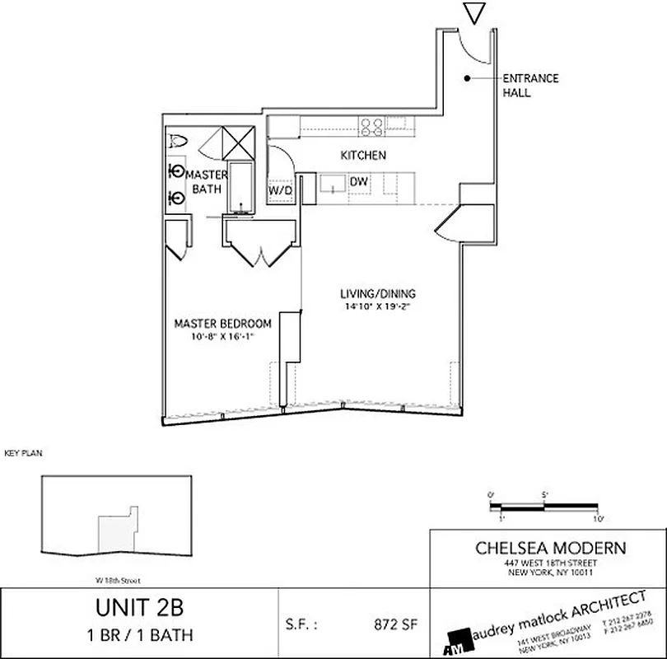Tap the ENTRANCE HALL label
point(530,86)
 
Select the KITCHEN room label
point(363,155)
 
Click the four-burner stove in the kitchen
point(371,126)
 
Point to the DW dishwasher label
point(358,181)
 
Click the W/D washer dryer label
point(280,190)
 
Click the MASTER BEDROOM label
point(222,324)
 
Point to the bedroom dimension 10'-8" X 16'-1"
point(222,336)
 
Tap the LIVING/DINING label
point(378,294)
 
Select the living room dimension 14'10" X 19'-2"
point(378,306)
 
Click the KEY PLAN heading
point(22,453)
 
